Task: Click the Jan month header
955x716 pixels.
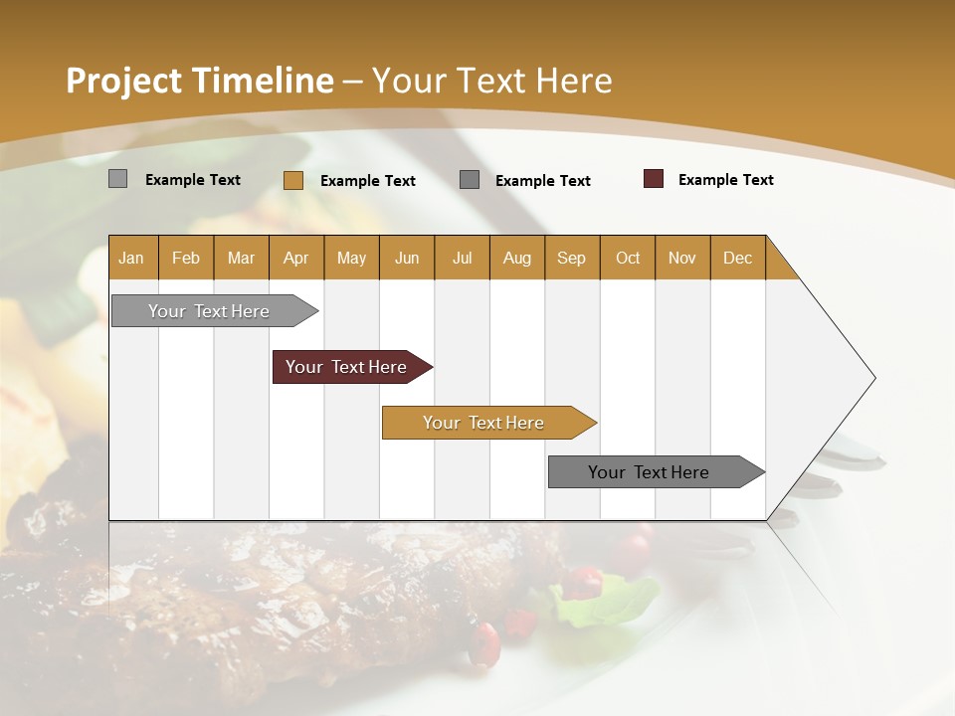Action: [132, 258]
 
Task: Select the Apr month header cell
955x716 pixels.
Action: [296, 258]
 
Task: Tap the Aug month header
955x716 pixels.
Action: [517, 258]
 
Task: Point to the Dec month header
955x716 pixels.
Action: [738, 258]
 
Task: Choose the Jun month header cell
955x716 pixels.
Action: [407, 258]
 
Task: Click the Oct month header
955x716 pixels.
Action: [628, 258]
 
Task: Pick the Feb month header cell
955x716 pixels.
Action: [186, 258]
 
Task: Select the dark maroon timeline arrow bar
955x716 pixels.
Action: [347, 367]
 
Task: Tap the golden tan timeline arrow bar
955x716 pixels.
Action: [484, 423]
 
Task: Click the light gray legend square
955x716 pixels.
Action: [118, 179]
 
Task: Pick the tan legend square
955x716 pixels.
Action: [293, 180]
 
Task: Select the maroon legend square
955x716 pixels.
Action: [654, 179]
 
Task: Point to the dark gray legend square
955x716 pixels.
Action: [470, 180]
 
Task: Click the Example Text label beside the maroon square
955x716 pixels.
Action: [725, 180]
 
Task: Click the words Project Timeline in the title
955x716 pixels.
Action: [200, 81]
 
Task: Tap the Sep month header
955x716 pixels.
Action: [572, 258]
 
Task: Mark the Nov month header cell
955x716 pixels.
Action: [682, 258]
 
